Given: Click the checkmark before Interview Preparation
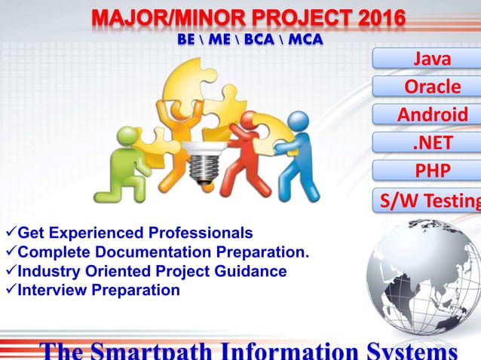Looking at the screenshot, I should click(x=10, y=290).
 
